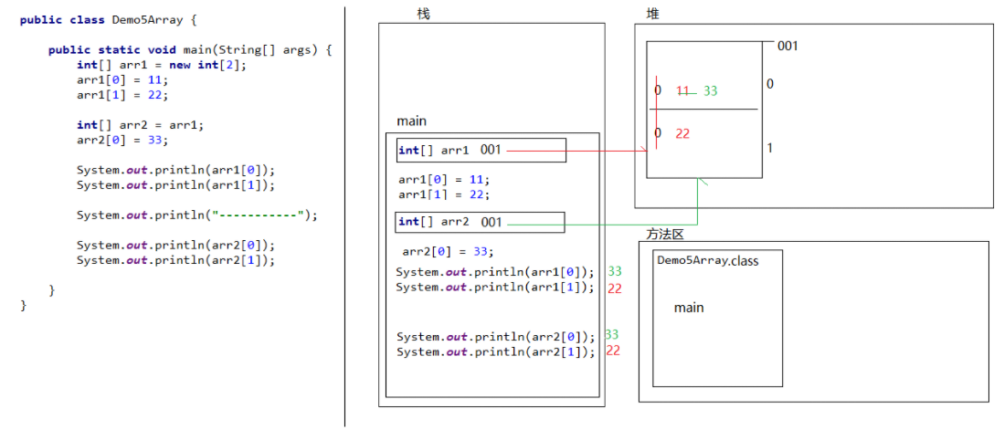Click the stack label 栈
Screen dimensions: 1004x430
point(423,14)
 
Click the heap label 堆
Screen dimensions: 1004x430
point(652,14)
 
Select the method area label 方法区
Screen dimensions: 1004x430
point(665,235)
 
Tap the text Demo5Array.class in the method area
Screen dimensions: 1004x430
point(709,261)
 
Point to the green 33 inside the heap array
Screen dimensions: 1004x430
point(710,91)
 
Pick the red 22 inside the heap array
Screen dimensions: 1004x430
point(682,133)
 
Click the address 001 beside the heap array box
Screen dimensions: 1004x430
point(787,46)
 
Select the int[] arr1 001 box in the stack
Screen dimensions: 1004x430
point(481,151)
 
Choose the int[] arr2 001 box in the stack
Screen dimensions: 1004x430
point(481,223)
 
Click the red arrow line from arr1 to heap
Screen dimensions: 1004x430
point(576,152)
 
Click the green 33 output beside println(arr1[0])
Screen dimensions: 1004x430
point(615,270)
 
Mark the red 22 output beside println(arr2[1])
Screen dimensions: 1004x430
point(613,351)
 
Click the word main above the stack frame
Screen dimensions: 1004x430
point(411,121)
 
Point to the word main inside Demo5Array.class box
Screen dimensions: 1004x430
point(689,308)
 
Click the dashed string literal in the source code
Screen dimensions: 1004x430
point(260,215)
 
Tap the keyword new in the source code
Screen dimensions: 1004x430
point(179,65)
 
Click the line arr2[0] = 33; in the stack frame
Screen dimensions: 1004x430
point(449,251)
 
